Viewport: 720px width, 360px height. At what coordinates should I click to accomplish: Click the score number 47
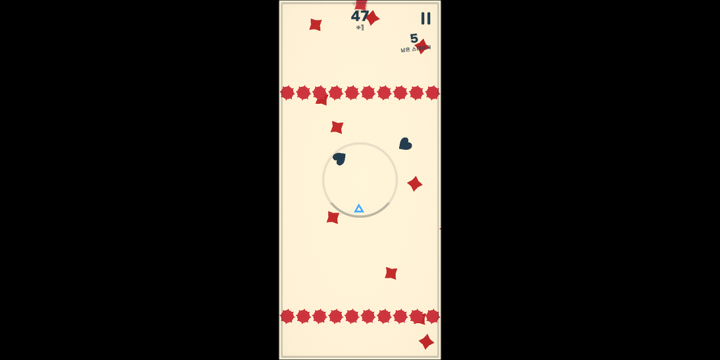(359, 16)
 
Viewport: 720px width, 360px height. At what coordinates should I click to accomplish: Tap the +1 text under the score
(360, 28)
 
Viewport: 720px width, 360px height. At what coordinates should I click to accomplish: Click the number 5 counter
(414, 39)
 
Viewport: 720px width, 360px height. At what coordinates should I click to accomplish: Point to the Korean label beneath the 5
(415, 49)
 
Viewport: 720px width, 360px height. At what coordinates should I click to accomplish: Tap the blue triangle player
(359, 209)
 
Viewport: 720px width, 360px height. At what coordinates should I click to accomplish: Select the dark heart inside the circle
(340, 158)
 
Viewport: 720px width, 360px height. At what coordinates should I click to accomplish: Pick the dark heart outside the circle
(405, 144)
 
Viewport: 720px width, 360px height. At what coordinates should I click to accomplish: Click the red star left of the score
(315, 24)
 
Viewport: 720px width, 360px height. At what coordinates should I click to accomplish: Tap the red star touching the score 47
(372, 18)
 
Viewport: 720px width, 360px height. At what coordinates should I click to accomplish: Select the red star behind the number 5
(422, 45)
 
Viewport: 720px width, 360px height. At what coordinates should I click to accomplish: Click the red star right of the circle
(414, 184)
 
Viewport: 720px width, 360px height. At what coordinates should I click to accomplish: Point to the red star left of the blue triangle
(333, 217)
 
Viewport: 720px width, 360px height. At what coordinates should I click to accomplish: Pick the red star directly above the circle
(337, 127)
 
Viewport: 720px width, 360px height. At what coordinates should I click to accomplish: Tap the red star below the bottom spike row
(426, 341)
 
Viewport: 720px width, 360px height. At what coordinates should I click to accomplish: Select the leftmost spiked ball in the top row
(287, 92)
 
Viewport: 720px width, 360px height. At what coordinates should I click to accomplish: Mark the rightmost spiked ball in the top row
(433, 92)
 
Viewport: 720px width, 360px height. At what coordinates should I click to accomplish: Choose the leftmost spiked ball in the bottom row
(287, 316)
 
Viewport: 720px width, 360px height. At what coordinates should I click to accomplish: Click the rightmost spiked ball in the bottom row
(433, 316)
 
